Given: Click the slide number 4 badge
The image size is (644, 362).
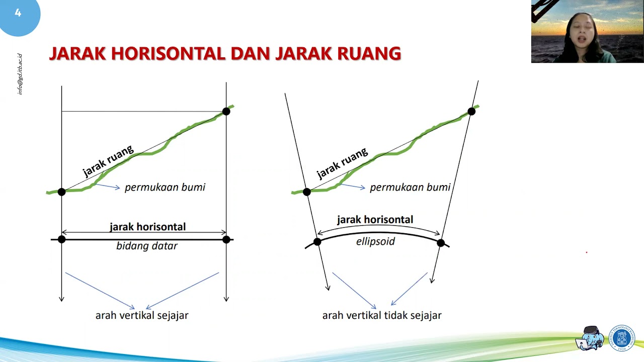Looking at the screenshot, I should pyautogui.click(x=18, y=14).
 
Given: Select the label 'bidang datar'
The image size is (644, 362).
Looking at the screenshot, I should pyautogui.click(x=147, y=246).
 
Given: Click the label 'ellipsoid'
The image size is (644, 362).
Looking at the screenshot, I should pyautogui.click(x=375, y=241).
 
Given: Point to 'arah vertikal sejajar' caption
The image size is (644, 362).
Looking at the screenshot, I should pyautogui.click(x=142, y=316).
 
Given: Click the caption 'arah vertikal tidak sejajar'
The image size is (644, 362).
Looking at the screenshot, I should pyautogui.click(x=382, y=316).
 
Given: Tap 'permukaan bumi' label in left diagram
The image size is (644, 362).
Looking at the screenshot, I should pyautogui.click(x=165, y=188).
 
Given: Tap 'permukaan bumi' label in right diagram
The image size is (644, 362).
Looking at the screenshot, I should pyautogui.click(x=410, y=188).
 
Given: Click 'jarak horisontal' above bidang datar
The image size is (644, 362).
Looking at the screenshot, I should pyautogui.click(x=147, y=227).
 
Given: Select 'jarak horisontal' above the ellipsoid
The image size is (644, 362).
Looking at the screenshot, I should pyautogui.click(x=375, y=220).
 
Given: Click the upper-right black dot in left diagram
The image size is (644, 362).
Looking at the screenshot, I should pyautogui.click(x=226, y=111).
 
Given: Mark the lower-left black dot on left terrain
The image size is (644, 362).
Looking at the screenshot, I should pyautogui.click(x=61, y=192).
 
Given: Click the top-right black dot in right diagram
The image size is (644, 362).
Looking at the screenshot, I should pyautogui.click(x=471, y=112).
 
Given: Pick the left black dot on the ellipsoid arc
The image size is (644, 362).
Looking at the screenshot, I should pyautogui.click(x=317, y=242).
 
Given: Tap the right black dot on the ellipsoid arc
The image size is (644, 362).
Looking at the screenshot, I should pyautogui.click(x=441, y=243).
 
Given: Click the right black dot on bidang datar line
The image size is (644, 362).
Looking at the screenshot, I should pyautogui.click(x=226, y=240).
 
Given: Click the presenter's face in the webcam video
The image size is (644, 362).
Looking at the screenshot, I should pyautogui.click(x=584, y=33).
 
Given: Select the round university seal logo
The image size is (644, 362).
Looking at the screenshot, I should pyautogui.click(x=622, y=338).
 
